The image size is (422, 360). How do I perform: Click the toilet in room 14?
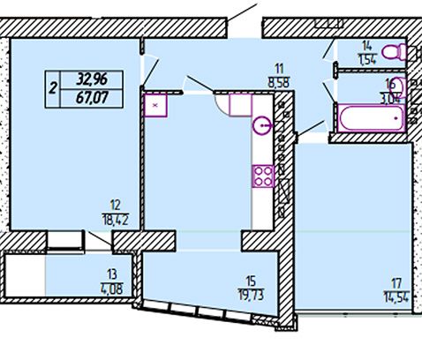pos(395,52)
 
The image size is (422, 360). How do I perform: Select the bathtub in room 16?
pos(372,118)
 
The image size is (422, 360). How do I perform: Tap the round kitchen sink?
pos(262,125)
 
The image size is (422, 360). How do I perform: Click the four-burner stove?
pos(263,176)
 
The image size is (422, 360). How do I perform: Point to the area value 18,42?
pos(116,220)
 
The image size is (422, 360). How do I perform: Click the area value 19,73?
pos(251,295)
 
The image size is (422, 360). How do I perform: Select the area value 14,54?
pos(396,296)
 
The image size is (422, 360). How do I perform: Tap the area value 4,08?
pos(112,289)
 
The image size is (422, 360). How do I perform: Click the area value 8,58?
pos(279,82)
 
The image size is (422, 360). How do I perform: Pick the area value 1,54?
pos(367,59)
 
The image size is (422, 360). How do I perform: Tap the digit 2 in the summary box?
pos(53,88)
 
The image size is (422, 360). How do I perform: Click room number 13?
pos(112,274)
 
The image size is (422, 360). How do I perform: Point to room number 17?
pos(396,283)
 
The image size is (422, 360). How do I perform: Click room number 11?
pos(279,69)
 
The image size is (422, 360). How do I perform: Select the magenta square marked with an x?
pos(155,105)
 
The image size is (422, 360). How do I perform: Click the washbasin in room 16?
pos(400,86)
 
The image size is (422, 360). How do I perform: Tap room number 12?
pos(116,205)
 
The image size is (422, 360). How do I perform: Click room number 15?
pos(251,281)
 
